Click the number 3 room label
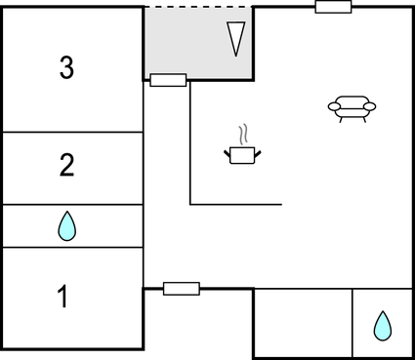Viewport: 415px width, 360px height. pos(66,67)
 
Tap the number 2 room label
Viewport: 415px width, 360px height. pos(66,165)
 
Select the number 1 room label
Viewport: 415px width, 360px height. pos(64,297)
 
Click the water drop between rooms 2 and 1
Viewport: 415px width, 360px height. pos(66,226)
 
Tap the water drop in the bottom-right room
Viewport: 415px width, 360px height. pos(382,325)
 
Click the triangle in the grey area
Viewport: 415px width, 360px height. pos(234,39)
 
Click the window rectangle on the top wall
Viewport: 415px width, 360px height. pos(333,7)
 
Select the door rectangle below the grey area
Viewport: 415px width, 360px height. pos(169,80)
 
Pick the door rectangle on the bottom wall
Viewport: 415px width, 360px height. pos(181,288)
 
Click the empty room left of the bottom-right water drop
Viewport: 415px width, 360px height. pos(303,323)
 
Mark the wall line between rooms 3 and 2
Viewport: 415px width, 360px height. pos(73,132)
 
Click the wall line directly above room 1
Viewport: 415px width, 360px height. pos(73,248)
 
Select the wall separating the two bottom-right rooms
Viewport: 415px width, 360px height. pos(353,323)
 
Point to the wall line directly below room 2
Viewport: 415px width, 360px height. pos(73,205)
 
